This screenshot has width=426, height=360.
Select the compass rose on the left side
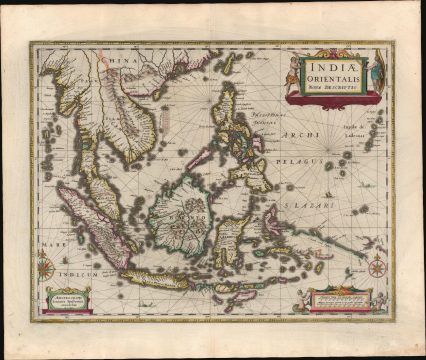46,268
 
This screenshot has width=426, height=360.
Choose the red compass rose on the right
376,267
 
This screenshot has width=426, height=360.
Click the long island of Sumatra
94,225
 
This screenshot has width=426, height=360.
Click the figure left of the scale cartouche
303,297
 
